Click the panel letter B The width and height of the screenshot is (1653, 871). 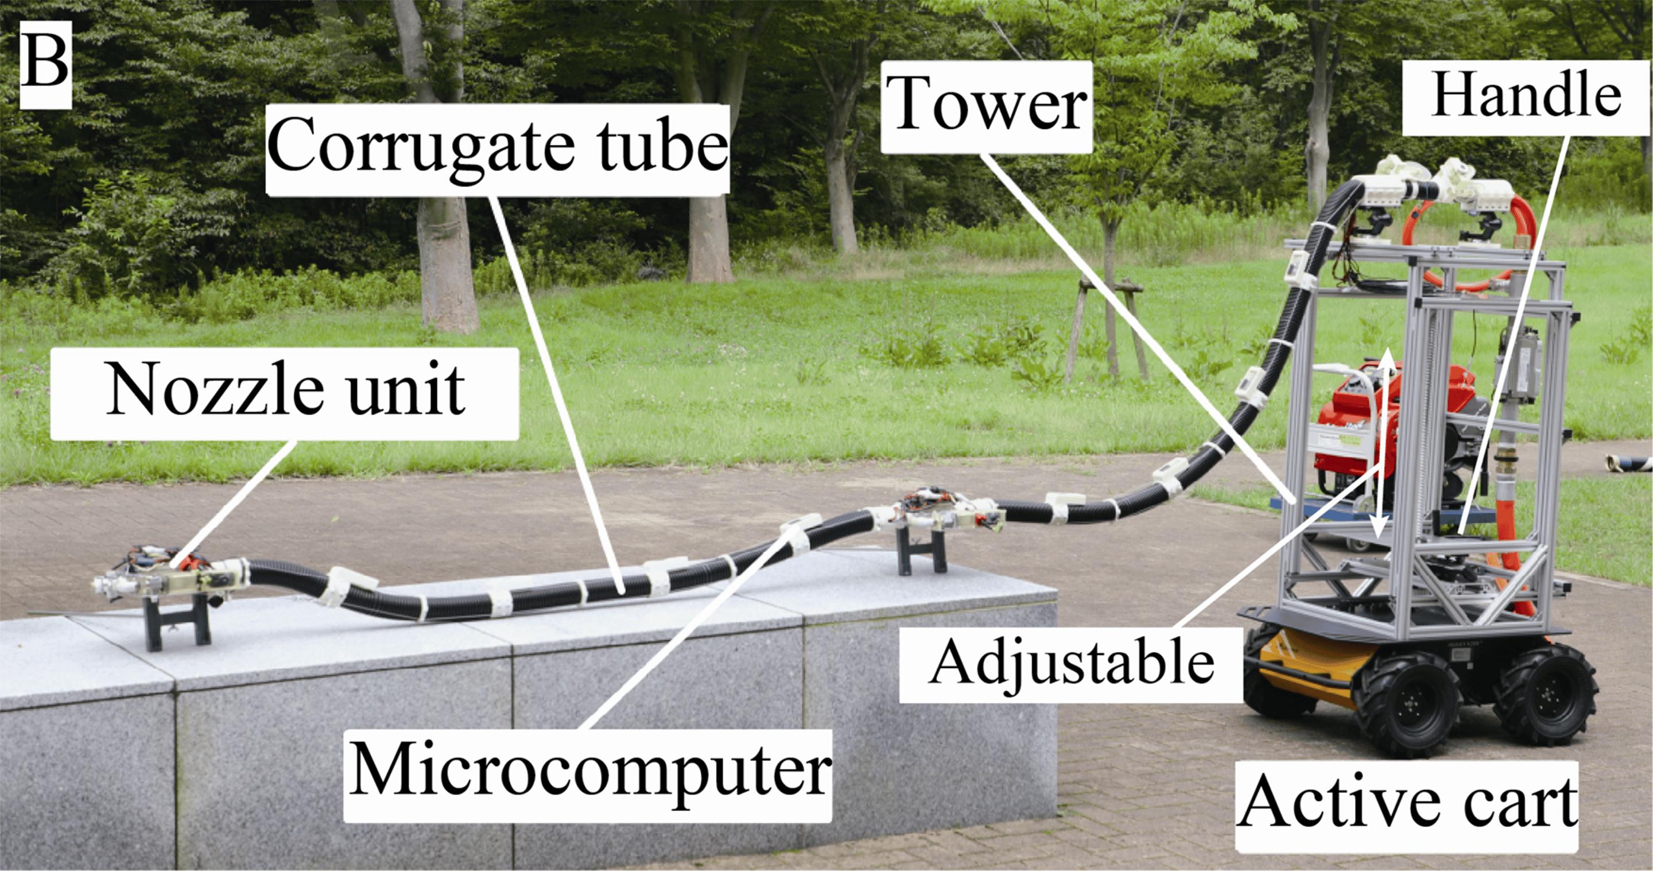45,62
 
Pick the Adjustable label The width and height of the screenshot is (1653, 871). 1071,663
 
